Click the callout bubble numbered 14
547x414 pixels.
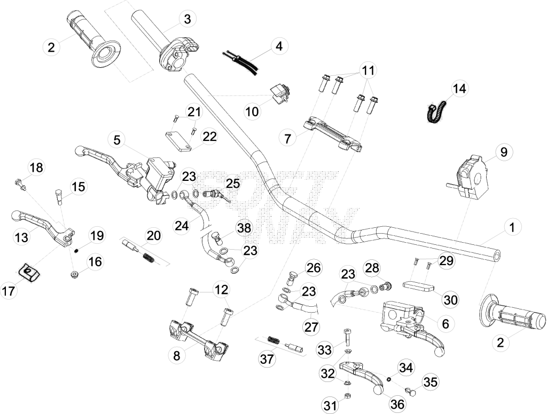pos(459,89)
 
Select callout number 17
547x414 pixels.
pos(9,290)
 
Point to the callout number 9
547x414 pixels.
pos(504,152)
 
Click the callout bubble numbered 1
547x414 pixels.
pos(512,228)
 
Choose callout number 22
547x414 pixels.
pos(209,136)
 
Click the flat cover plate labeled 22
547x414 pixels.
pos(178,141)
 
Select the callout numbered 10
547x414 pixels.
pos(252,112)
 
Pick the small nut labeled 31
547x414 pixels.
pos(347,395)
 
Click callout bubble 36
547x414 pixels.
pos(397,404)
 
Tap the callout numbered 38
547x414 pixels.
pos(244,228)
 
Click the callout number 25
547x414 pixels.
pos(233,183)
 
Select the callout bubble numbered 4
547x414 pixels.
pos(279,46)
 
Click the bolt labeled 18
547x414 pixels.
pos(21,185)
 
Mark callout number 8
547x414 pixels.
pos(177,356)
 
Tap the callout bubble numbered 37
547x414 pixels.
pos(267,359)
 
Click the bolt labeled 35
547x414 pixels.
pos(411,391)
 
